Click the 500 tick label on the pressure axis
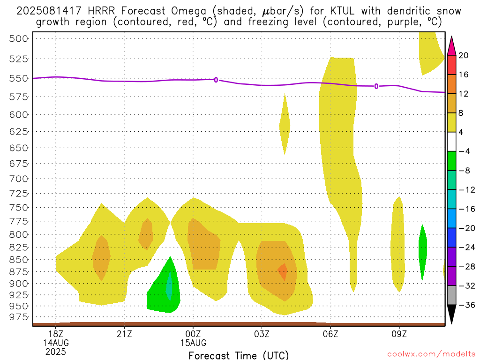[19, 38]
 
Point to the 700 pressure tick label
[19, 179]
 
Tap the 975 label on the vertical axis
[19, 317]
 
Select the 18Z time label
[56, 334]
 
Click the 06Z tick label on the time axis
[330, 334]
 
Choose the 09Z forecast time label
[399, 334]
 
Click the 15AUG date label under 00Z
[193, 343]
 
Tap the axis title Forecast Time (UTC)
[239, 355]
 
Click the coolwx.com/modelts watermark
[431, 354]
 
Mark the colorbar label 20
[464, 55]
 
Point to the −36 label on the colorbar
[467, 305]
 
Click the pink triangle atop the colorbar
[451, 46]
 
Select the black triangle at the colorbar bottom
[451, 314]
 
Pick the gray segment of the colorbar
[451, 295]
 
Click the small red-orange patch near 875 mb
[283, 272]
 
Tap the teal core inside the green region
[169, 286]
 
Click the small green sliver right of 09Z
[423, 252]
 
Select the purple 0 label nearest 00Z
[216, 80]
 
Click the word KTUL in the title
[342, 11]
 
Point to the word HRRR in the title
[101, 11]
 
